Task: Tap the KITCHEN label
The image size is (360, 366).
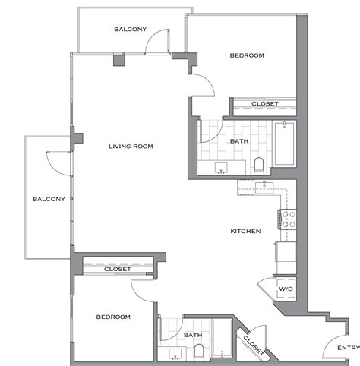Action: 246,231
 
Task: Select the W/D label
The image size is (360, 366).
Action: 286,289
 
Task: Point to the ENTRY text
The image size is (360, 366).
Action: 348,349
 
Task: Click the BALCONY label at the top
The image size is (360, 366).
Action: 130,30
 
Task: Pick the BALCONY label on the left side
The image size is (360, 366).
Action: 48,200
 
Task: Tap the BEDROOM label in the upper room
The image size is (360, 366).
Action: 247,55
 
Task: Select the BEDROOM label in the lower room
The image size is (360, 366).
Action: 113,317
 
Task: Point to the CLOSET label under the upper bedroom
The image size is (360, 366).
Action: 264,103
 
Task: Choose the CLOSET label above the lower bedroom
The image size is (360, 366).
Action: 118,269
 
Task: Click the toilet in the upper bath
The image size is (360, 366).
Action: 259,165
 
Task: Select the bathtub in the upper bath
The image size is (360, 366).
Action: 286,144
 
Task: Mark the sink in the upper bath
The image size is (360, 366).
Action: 221,168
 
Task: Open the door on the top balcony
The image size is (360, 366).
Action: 156,42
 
